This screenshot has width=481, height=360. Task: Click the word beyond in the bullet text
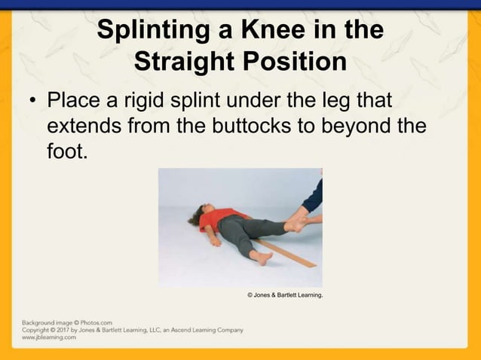(350, 126)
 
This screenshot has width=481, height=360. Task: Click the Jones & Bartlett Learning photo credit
(285, 294)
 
